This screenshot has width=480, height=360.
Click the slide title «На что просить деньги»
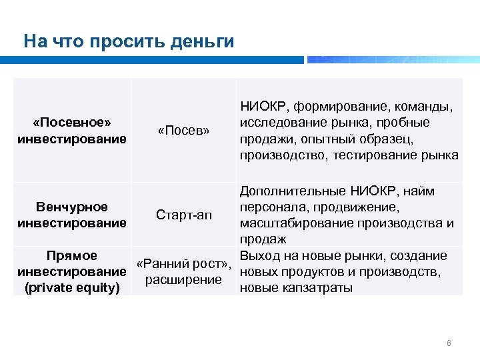(x=129, y=42)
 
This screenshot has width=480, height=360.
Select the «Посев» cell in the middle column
(x=183, y=130)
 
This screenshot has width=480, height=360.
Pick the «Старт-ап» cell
(x=183, y=215)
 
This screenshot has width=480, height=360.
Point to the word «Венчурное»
(x=72, y=207)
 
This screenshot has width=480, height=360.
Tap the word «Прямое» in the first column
(x=72, y=255)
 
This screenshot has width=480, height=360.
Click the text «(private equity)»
(x=72, y=288)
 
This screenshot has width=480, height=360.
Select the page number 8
(x=449, y=343)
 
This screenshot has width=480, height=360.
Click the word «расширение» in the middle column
(x=183, y=279)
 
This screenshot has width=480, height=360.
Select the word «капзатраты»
(x=320, y=288)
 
